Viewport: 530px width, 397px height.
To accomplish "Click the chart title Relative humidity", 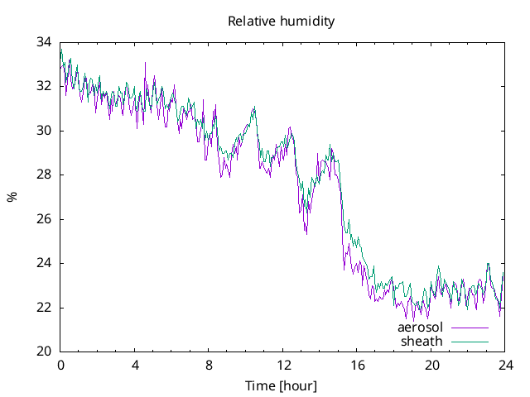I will pos(282,22).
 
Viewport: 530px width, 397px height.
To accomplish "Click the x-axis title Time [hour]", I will pos(281,386).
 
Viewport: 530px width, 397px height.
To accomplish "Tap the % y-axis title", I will pos(12,197).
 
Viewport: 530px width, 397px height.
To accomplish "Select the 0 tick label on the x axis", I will pos(60,365).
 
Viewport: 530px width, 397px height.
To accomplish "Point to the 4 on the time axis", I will pos(135,365).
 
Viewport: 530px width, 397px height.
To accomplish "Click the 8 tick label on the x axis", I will pos(209,365).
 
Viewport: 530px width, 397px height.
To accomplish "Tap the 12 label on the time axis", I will pos(283,365).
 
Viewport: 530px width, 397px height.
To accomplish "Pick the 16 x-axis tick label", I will pos(357,365).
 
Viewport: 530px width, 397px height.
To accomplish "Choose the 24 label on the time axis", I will pos(505,365).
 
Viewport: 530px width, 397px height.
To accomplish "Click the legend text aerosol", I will pos(421,328).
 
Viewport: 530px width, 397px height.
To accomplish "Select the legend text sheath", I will pos(422,341).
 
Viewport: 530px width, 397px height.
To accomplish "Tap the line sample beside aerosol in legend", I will pos(470,328).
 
